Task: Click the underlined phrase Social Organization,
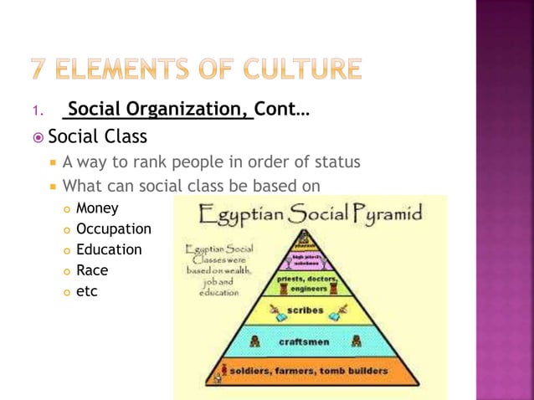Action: pos(159,110)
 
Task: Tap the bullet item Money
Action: pos(97,208)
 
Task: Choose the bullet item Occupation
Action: pos(114,229)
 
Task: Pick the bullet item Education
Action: pos(109,250)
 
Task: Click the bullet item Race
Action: pos(92,271)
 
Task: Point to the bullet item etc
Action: pos(87,292)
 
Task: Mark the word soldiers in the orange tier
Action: pos(251,370)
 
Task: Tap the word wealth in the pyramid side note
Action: pos(234,270)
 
